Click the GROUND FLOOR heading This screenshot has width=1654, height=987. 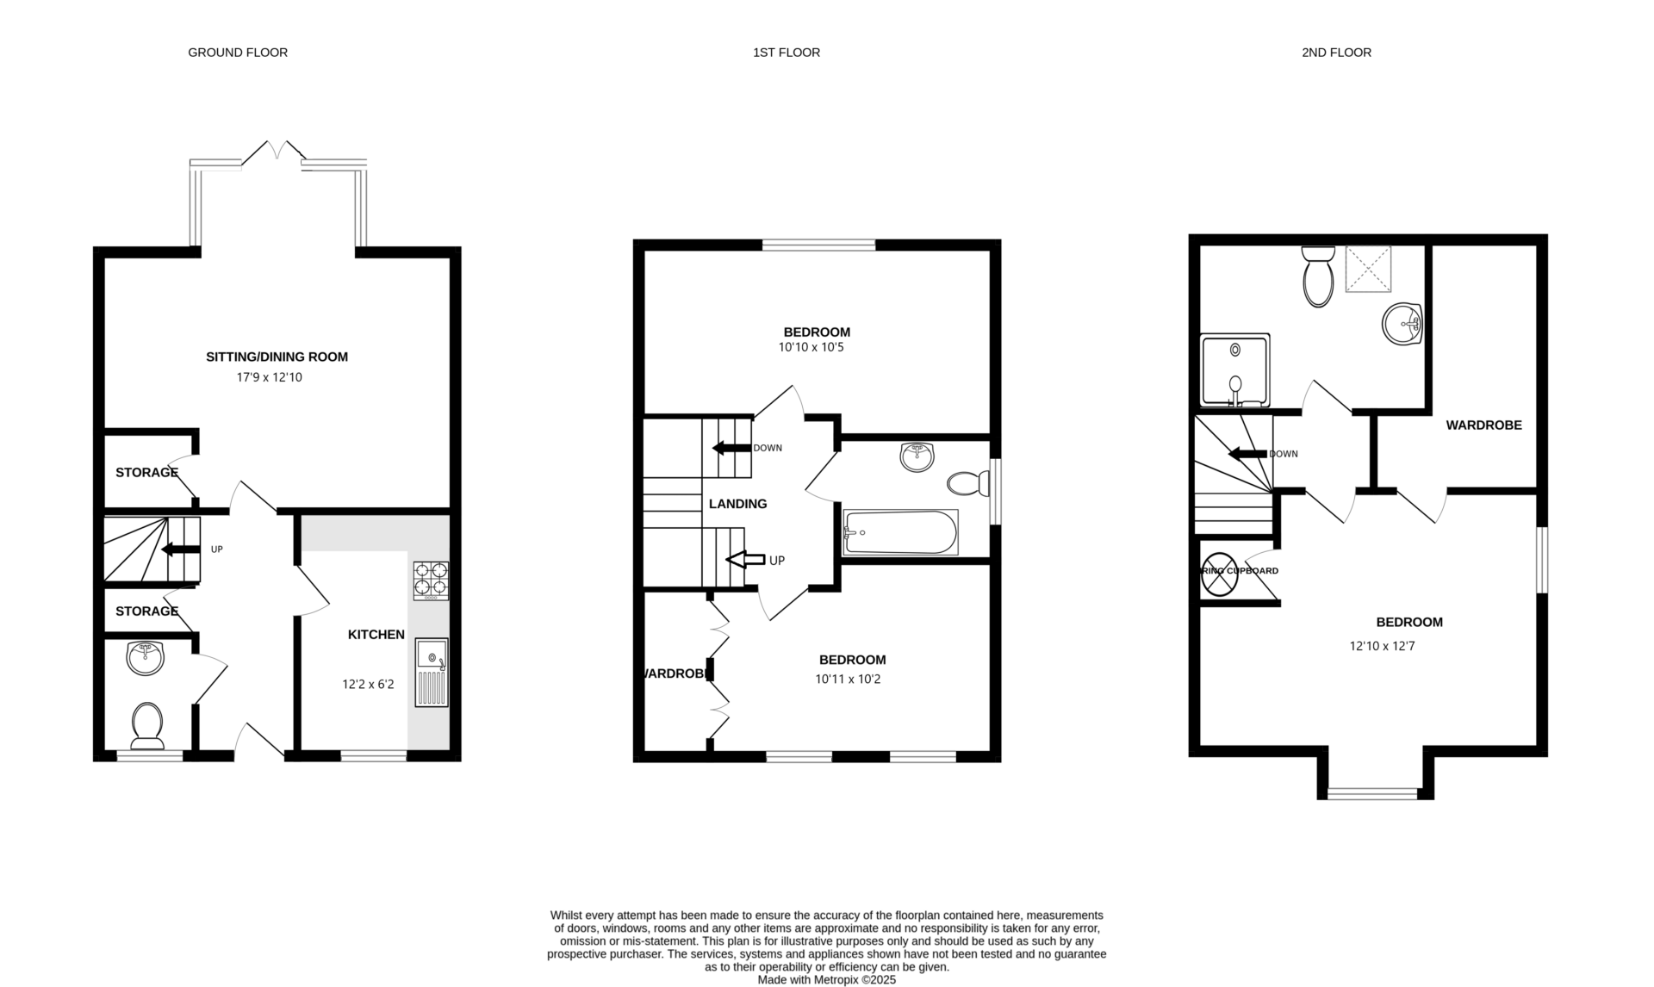pyautogui.click(x=238, y=53)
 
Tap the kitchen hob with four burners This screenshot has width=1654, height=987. pyautogui.click(x=432, y=580)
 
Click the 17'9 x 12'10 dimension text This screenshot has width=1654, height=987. pyautogui.click(x=270, y=377)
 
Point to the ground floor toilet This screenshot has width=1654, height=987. pyautogui.click(x=147, y=725)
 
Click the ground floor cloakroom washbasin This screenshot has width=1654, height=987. pyautogui.click(x=145, y=658)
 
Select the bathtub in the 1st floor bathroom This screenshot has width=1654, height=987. pyautogui.click(x=900, y=532)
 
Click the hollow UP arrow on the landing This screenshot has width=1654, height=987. pyautogui.click(x=745, y=560)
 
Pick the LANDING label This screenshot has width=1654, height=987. pyautogui.click(x=737, y=504)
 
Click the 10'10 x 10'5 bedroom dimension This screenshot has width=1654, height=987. pyautogui.click(x=816, y=348)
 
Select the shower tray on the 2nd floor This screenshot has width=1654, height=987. pyautogui.click(x=1235, y=370)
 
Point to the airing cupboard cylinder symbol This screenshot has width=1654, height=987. pyautogui.click(x=1219, y=574)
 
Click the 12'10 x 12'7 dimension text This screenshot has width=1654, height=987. pyautogui.click(x=1382, y=646)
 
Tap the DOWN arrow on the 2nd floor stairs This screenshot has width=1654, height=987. pyautogui.click(x=1247, y=454)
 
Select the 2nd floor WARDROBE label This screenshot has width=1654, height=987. pyautogui.click(x=1483, y=425)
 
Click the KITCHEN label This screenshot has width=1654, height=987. pyautogui.click(x=376, y=635)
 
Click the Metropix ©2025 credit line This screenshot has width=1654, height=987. pyautogui.click(x=826, y=979)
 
